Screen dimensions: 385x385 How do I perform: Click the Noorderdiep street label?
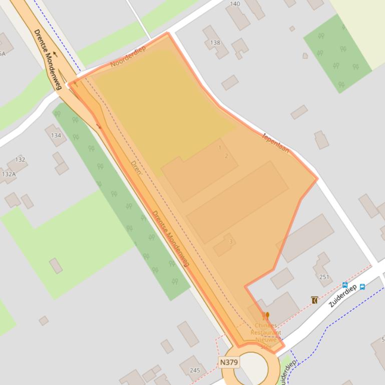point(128,56)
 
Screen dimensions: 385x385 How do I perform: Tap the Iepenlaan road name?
point(276,142)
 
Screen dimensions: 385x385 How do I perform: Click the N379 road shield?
point(228,361)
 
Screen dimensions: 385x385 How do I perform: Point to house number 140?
point(234,4)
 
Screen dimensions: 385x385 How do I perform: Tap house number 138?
point(215,42)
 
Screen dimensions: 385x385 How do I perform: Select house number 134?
point(56,135)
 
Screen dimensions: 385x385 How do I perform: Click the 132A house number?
point(9,174)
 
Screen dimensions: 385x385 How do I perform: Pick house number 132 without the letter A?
point(20,159)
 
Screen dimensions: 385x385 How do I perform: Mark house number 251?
point(324,277)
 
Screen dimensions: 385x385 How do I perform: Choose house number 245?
point(195,370)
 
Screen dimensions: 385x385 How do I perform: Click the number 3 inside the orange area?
point(231,242)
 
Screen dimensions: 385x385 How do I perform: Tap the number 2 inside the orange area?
point(226,156)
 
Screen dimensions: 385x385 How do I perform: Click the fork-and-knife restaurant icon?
point(266,316)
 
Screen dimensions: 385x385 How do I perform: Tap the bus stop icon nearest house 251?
point(345,285)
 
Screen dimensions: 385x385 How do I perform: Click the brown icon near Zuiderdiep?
point(314,300)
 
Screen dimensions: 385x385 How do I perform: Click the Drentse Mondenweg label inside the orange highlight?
point(170,238)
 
